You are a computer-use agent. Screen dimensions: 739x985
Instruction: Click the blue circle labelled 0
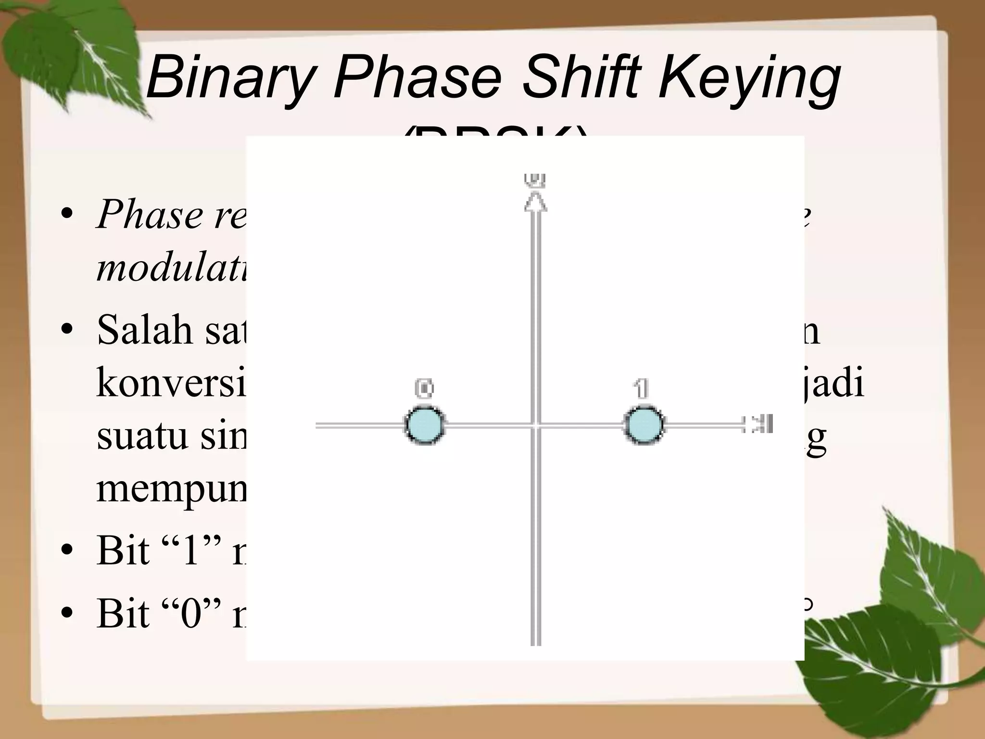424,425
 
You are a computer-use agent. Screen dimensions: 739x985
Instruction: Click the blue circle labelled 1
644,425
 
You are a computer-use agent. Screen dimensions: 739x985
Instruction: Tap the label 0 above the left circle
424,389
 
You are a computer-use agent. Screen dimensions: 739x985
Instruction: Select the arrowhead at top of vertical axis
535,202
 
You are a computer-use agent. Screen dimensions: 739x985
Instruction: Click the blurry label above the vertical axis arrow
535,179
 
